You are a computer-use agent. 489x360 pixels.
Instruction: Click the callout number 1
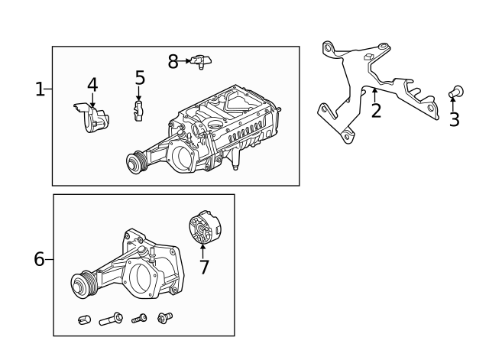tap(40, 89)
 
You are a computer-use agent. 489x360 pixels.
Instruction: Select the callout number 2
tap(376, 111)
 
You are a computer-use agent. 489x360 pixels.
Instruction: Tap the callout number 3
tap(454, 119)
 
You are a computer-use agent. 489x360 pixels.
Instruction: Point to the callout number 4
tap(92, 84)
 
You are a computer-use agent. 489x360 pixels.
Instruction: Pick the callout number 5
tap(140, 77)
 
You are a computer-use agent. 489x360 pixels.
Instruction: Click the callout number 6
tap(40, 259)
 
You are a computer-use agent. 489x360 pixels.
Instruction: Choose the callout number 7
tap(203, 267)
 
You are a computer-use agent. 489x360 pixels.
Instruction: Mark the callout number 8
tap(173, 61)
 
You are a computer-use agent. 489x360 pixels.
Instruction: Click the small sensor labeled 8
tap(202, 60)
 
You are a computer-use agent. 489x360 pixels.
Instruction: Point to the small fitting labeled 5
tap(139, 110)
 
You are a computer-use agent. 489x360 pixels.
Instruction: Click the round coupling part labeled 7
tap(203, 229)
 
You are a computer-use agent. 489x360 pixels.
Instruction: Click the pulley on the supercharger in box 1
tap(137, 162)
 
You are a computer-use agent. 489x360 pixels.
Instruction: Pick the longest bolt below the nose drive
tap(111, 319)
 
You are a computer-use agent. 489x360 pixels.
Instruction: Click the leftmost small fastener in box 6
tap(85, 319)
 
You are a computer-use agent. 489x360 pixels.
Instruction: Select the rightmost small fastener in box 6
tap(163, 317)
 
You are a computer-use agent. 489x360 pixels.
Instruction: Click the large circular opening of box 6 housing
tap(141, 277)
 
